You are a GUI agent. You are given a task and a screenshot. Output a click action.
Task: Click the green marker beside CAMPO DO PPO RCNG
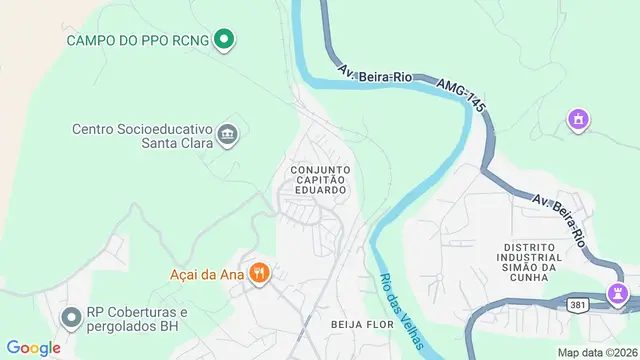225,41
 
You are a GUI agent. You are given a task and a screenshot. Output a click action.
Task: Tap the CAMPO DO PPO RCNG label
139,41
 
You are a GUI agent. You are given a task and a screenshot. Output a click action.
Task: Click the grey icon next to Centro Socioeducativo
228,135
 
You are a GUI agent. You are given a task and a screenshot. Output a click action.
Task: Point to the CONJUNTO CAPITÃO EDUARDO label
320,180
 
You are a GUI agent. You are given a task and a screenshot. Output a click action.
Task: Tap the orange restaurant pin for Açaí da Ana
260,272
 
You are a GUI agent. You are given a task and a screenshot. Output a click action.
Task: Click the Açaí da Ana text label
209,272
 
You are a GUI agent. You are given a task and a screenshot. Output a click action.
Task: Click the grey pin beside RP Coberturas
71,319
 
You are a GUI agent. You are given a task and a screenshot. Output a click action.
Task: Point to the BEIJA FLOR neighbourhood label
358,325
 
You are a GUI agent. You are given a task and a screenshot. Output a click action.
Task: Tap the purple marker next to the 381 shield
619,295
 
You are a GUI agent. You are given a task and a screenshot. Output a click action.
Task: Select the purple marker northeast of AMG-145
576,121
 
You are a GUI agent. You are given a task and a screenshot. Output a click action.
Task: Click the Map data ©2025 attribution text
597,352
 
